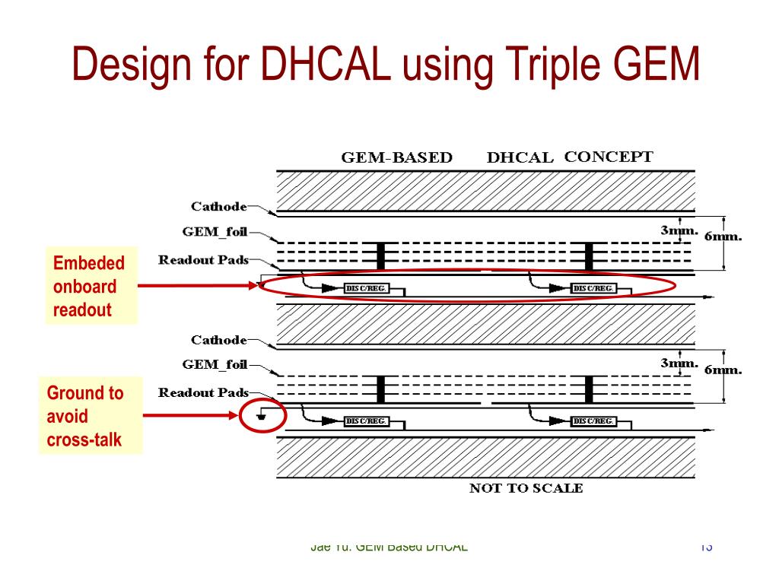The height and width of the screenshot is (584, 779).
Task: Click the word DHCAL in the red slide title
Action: (x=326, y=65)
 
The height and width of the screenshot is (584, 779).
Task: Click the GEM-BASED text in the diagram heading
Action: (x=396, y=158)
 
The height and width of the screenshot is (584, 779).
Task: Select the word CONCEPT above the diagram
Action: (x=608, y=157)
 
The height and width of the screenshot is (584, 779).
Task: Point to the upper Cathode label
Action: (x=218, y=206)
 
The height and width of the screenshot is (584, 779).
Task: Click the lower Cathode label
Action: (x=218, y=340)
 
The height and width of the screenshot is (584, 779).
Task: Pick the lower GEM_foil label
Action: (x=215, y=365)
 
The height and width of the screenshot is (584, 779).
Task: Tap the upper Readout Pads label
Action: (x=203, y=260)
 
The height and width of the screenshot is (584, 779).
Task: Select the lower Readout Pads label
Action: (x=203, y=392)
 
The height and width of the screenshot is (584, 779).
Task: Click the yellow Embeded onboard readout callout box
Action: (x=91, y=286)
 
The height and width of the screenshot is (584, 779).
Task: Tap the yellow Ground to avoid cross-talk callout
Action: (x=90, y=416)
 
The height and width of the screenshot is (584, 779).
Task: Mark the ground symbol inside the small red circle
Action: (x=262, y=415)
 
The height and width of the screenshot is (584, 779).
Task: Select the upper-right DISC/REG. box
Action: (x=593, y=288)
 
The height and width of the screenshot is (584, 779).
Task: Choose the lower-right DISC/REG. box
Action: (x=593, y=421)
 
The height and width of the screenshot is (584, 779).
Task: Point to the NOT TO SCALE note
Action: (x=526, y=488)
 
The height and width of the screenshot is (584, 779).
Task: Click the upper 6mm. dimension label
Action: (x=723, y=236)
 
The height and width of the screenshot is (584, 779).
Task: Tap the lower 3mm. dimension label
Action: (x=679, y=363)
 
